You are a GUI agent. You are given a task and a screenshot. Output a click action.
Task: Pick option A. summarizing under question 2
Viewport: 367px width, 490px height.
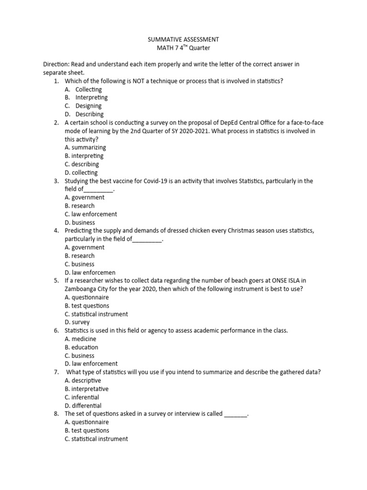click(x=86, y=147)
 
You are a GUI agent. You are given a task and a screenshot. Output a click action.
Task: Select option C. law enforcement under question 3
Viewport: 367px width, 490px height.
click(x=91, y=214)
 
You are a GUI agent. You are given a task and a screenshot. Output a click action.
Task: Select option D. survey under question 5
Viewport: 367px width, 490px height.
click(x=77, y=322)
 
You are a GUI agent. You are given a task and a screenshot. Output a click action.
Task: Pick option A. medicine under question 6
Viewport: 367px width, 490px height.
click(x=80, y=339)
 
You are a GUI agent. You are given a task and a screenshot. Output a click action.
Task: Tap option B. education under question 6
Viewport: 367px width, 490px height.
click(x=81, y=347)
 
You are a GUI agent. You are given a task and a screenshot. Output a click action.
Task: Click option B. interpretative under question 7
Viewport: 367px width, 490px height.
click(x=86, y=389)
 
